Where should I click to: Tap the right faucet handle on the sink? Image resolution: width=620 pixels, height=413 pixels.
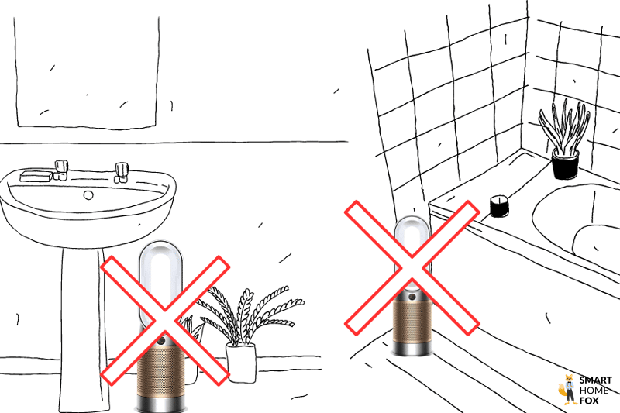(x=121, y=170)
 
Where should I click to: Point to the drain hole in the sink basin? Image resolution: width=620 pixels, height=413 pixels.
(x=88, y=195)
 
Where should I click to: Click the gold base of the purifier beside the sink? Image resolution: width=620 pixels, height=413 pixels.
(x=164, y=376)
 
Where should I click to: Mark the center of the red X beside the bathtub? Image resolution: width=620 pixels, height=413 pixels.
(x=411, y=267)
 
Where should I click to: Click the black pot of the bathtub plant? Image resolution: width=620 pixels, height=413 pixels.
(x=565, y=164)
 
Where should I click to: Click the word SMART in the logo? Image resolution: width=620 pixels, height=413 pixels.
(x=596, y=380)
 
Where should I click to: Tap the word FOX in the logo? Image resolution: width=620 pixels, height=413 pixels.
(x=589, y=401)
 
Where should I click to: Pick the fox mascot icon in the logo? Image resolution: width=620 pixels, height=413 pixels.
(x=567, y=391)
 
